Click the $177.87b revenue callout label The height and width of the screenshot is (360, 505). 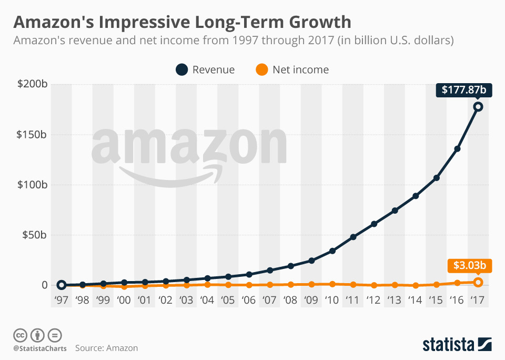(x=463, y=90)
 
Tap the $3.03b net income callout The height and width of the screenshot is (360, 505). (x=469, y=266)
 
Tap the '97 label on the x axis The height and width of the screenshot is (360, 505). (x=62, y=301)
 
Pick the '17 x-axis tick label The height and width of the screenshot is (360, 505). (x=478, y=301)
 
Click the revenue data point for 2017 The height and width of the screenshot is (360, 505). (x=478, y=107)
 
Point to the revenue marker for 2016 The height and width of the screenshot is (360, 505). (x=457, y=149)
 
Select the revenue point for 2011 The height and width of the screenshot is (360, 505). (x=353, y=237)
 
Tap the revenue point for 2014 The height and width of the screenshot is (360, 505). (x=416, y=196)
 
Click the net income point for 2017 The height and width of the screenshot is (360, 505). (x=478, y=282)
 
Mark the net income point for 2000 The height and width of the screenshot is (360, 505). (x=124, y=287)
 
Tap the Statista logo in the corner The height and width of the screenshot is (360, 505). (x=457, y=345)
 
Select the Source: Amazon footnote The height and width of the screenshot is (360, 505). (x=106, y=348)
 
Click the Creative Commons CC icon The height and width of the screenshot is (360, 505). (x=20, y=335)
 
